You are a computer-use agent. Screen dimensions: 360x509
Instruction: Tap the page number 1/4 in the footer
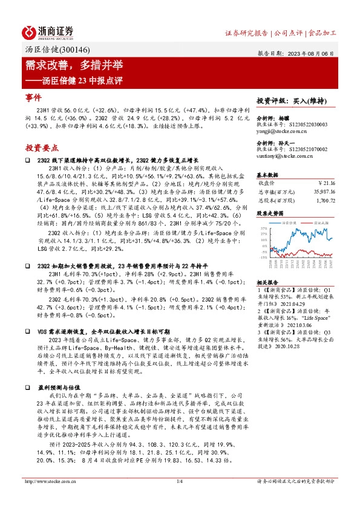(x=179, y=481)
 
